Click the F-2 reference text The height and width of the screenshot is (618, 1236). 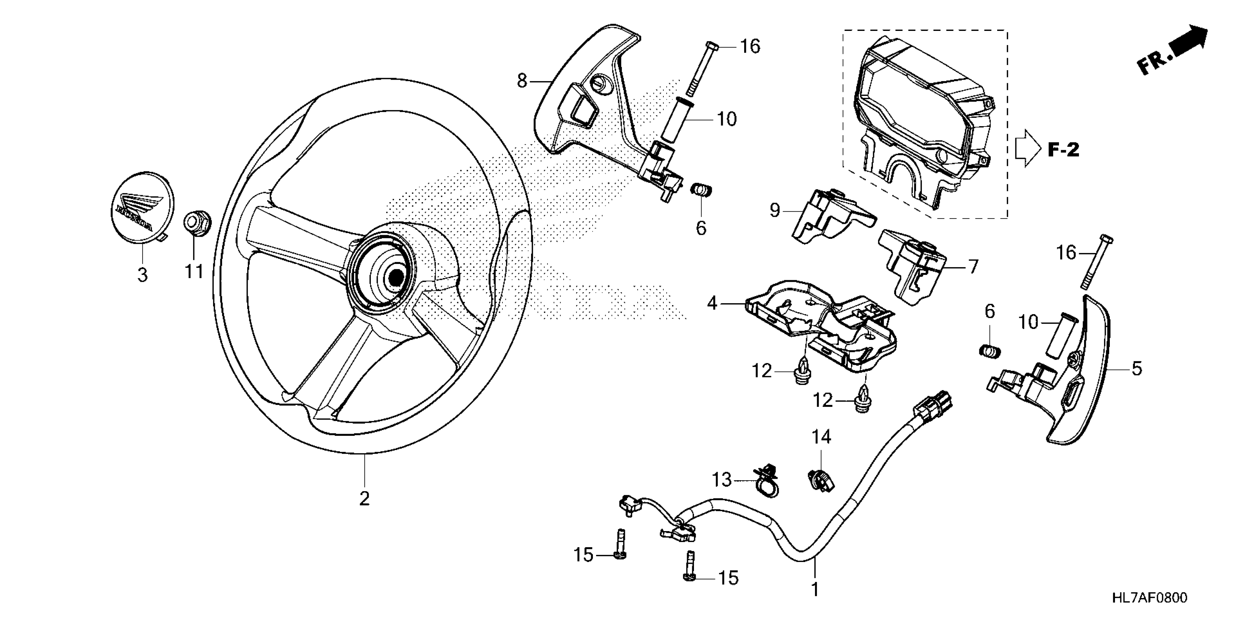tap(1063, 150)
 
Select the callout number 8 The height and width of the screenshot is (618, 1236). tap(522, 81)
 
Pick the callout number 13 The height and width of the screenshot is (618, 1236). tap(722, 479)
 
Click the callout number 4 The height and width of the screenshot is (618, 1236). tap(712, 303)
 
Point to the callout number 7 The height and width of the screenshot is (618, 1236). tap(972, 267)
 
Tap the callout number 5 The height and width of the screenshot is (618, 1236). tap(1137, 369)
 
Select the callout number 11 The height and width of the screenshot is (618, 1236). tap(194, 272)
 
